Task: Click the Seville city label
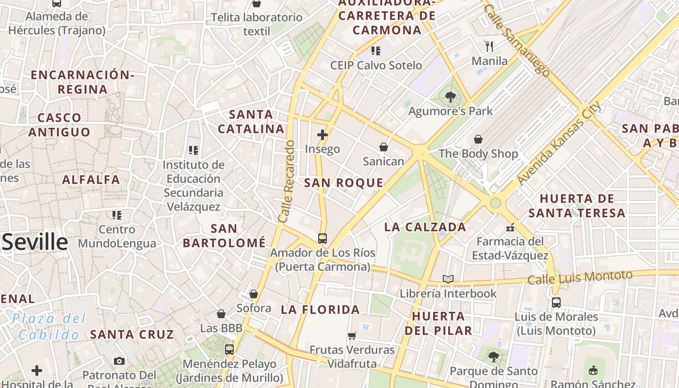35,242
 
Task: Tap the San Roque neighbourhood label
343,183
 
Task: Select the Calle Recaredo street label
287,181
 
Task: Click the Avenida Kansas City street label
559,143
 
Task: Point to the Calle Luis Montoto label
580,277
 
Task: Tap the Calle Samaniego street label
517,40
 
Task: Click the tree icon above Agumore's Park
451,97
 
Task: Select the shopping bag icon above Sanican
384,146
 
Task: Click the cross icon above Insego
323,134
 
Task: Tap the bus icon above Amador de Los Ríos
323,238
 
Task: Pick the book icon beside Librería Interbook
448,279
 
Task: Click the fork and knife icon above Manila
489,47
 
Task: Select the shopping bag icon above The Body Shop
478,139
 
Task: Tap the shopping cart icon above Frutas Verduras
352,336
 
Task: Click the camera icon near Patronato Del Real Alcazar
119,361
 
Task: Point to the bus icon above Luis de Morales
556,303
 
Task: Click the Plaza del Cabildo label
49,326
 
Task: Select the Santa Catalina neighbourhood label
251,122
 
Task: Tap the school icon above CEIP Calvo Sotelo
376,50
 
